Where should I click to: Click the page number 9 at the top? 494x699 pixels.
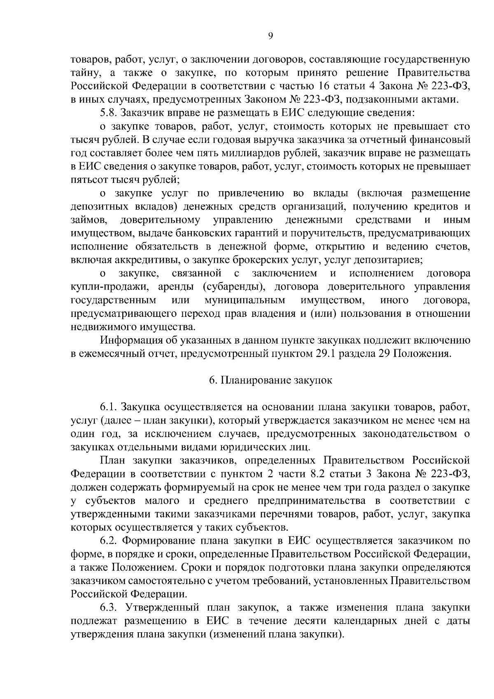click(270, 36)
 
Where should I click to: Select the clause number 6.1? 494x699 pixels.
click(109, 408)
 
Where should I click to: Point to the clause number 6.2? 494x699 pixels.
click(109, 540)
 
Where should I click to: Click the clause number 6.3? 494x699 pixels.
click(109, 608)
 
